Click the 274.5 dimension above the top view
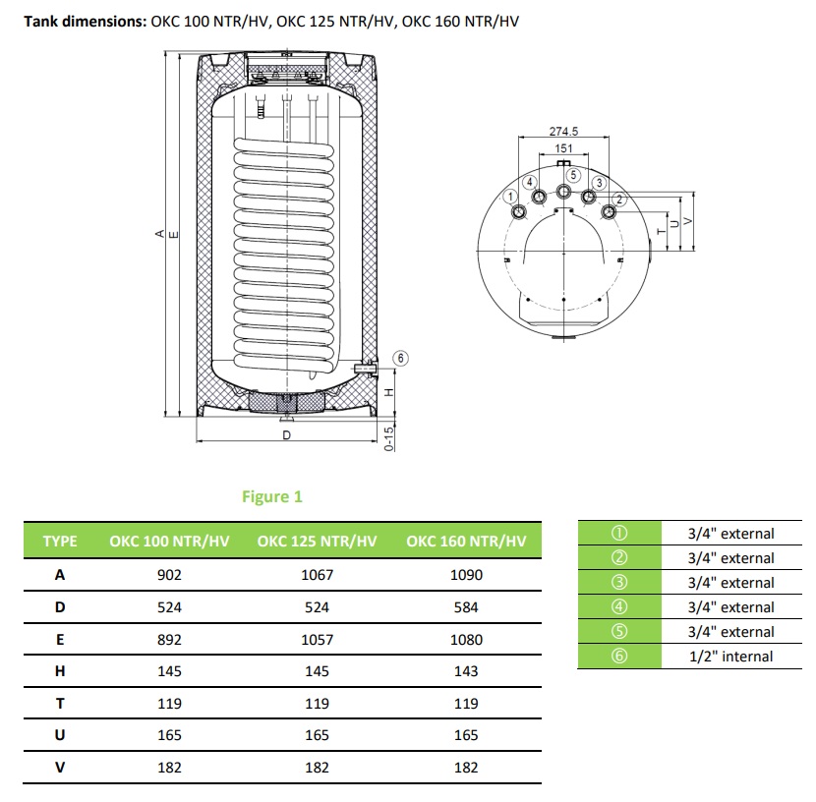[x=562, y=132]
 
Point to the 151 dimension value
[x=563, y=148]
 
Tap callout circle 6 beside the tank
[x=400, y=358]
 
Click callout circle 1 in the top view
[x=510, y=196]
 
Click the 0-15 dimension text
[x=388, y=438]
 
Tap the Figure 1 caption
[x=272, y=496]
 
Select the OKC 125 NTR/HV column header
[x=317, y=542]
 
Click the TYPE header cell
[x=60, y=542]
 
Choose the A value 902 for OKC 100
[x=169, y=575]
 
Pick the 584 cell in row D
[x=466, y=607]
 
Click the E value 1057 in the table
[x=317, y=639]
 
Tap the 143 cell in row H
[x=466, y=671]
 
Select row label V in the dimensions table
[x=60, y=767]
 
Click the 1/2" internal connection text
[x=730, y=657]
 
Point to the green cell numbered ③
[x=618, y=583]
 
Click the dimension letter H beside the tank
[x=388, y=391]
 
